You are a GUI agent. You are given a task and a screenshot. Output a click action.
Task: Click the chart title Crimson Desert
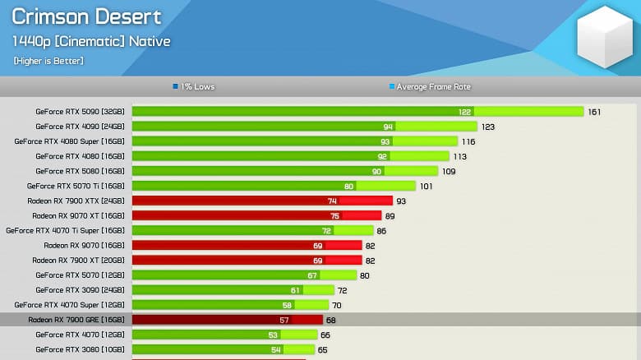tap(87, 17)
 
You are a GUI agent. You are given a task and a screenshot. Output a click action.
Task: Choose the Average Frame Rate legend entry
tap(430, 86)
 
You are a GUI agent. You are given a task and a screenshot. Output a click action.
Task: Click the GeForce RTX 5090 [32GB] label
tap(80, 112)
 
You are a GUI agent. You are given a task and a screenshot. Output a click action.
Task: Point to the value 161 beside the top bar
tap(595, 112)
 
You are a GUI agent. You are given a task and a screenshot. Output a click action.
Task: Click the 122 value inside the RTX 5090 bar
tap(465, 112)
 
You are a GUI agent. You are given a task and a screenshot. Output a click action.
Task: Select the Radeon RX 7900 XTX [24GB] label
tap(76, 201)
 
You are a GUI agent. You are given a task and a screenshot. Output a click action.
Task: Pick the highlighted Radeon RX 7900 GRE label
tap(76, 320)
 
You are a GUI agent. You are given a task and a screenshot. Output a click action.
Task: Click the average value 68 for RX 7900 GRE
tap(331, 320)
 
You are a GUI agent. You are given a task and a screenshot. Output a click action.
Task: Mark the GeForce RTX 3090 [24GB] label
tap(80, 290)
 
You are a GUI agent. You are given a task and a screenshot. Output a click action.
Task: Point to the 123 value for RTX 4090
tap(488, 127)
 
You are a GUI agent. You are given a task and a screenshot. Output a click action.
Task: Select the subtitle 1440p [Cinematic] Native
tap(91, 41)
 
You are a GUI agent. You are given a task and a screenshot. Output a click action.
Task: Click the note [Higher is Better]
tap(48, 61)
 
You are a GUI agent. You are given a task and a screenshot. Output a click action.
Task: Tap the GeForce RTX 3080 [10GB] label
tap(80, 349)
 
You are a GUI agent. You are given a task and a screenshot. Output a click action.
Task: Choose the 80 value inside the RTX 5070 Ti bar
tap(348, 186)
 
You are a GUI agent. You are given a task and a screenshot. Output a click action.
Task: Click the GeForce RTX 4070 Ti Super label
tap(65, 230)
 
